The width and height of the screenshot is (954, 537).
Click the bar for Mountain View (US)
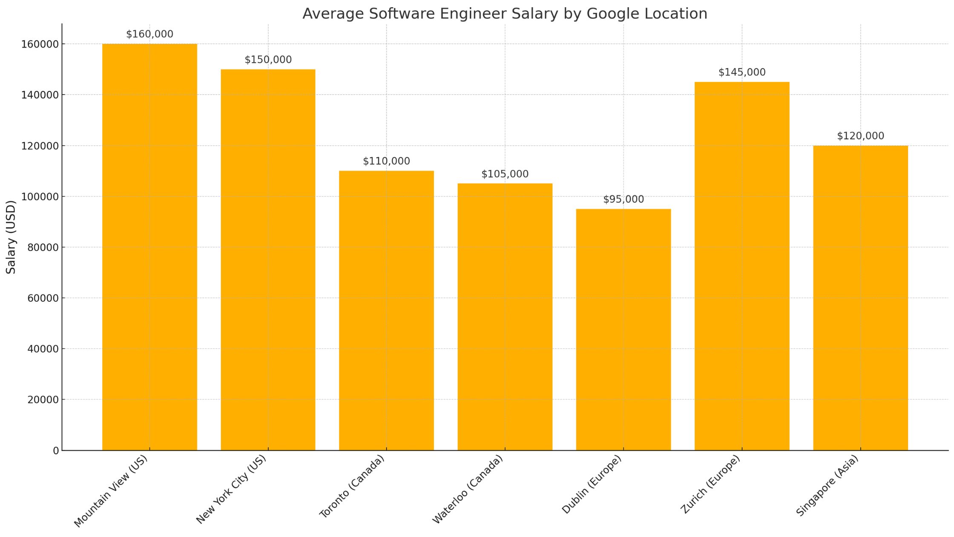(149, 247)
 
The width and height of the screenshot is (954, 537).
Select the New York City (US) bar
(268, 260)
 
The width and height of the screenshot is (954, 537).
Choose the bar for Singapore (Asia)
(860, 298)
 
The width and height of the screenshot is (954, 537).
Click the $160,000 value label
(149, 35)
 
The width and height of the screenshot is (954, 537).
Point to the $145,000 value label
(742, 72)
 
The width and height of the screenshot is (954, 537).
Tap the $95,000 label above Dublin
(623, 199)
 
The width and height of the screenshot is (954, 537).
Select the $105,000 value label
(505, 174)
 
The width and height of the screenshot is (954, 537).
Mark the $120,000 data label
(860, 136)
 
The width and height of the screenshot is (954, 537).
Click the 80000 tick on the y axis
(40, 248)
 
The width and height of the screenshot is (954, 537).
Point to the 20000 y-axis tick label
(40, 400)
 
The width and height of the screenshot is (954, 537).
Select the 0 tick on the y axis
(56, 451)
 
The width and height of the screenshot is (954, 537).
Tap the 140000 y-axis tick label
(40, 95)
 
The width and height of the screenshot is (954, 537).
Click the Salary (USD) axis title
(11, 237)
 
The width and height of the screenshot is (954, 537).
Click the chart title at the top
(505, 14)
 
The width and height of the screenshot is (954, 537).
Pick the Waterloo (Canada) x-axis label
(468, 489)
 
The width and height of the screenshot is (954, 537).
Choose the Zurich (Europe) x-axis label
(710, 484)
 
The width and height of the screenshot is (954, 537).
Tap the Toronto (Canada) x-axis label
(352, 486)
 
